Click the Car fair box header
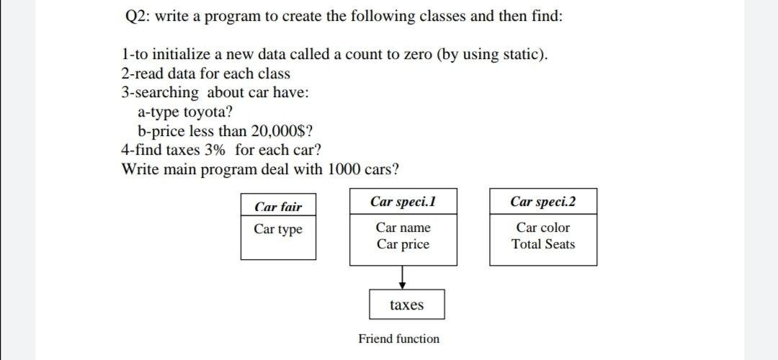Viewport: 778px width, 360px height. tap(278, 207)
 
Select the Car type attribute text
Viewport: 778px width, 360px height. tap(278, 229)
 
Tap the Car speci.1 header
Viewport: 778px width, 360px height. tap(403, 202)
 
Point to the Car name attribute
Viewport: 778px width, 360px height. tap(403, 228)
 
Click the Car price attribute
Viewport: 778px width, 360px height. tap(403, 244)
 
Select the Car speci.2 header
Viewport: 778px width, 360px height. tap(543, 202)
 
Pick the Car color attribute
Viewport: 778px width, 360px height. tap(543, 228)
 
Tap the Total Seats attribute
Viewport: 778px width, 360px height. tap(543, 244)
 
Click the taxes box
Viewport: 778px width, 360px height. tap(407, 305)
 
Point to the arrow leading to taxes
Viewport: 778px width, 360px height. tap(403, 276)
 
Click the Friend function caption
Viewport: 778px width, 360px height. tap(398, 338)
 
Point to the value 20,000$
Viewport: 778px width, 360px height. tap(277, 131)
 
